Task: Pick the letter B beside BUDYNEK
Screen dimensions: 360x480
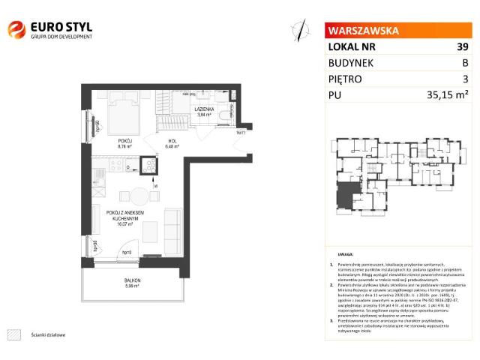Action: click(x=465, y=63)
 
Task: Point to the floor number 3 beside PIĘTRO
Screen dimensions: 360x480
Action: click(x=465, y=79)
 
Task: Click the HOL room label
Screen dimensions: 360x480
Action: click(x=172, y=140)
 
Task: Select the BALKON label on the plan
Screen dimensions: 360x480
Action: click(x=133, y=280)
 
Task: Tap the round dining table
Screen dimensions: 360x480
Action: click(x=141, y=196)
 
